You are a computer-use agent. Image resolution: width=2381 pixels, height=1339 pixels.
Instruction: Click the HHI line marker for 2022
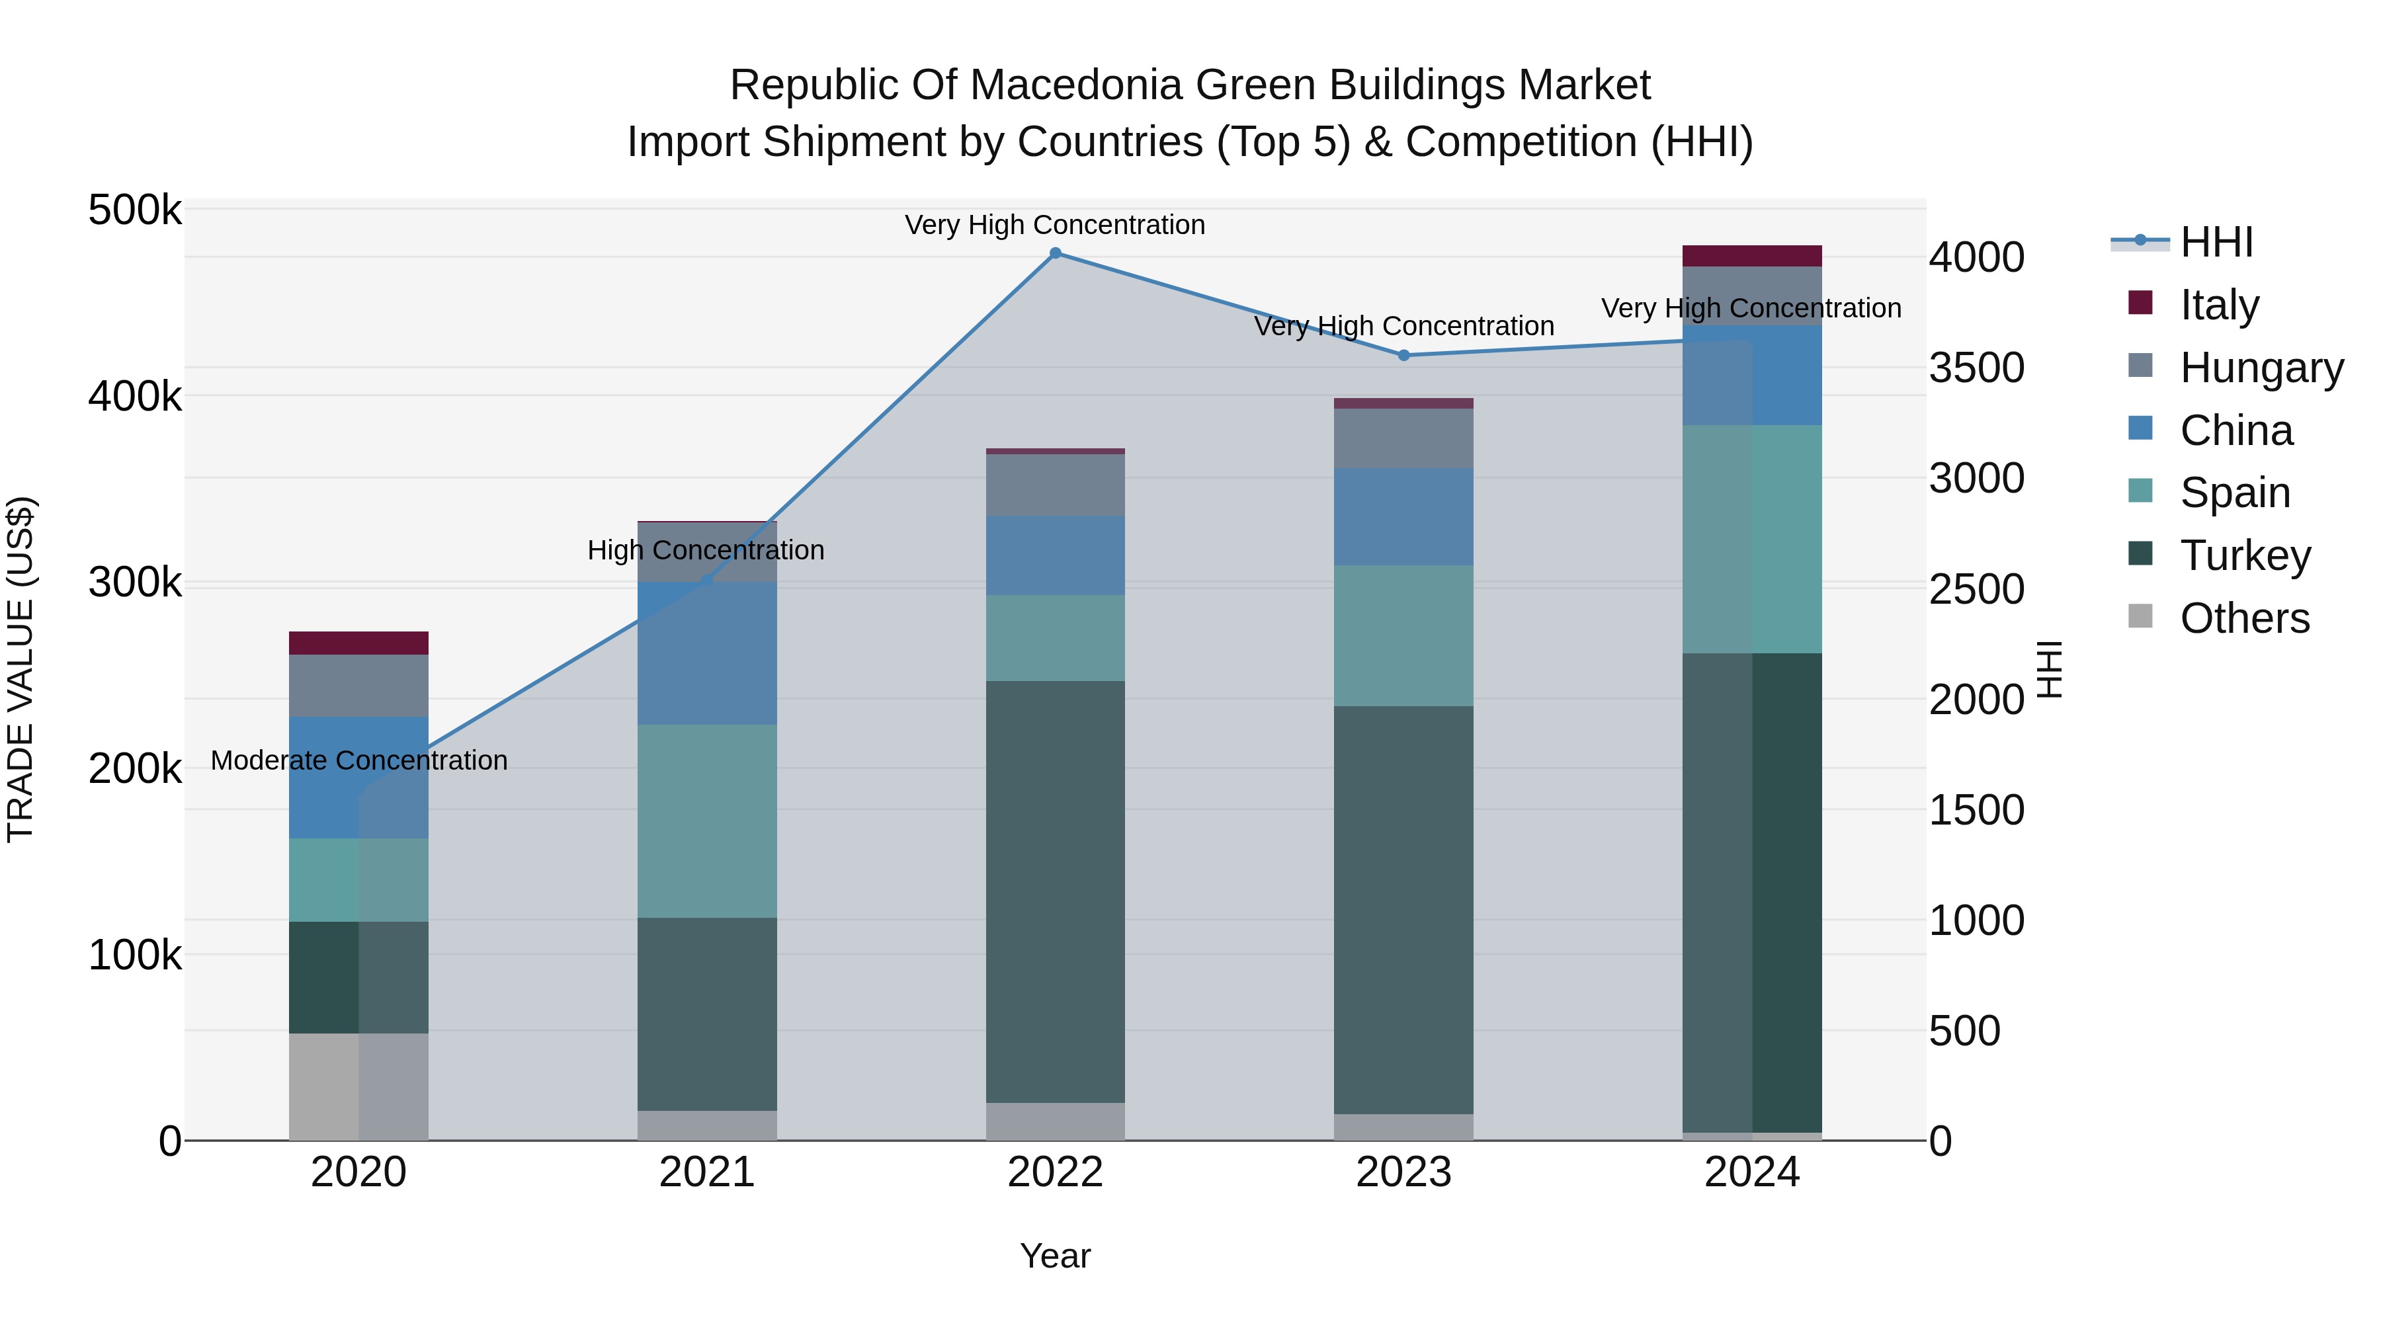[1055, 253]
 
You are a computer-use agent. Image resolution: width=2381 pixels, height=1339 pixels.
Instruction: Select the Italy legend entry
[2218, 304]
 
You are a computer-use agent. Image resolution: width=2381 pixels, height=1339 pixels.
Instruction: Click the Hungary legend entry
[2260, 367]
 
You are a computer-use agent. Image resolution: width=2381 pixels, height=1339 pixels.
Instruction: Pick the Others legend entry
[2243, 618]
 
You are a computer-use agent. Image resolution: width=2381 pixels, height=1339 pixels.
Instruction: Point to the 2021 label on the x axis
[706, 1172]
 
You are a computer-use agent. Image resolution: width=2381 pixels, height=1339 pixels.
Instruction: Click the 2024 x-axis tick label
[1751, 1172]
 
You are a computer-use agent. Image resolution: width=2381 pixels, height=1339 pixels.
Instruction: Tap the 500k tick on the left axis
[135, 211]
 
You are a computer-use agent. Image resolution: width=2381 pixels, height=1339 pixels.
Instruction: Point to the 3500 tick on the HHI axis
[1976, 368]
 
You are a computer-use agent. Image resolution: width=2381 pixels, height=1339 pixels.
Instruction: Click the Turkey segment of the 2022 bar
[1055, 892]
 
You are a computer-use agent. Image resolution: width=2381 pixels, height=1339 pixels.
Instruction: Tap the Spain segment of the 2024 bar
[1751, 539]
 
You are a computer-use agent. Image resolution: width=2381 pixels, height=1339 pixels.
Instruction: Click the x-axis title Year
[1055, 1256]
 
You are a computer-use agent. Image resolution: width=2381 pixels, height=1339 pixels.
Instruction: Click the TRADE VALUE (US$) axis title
[21, 669]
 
